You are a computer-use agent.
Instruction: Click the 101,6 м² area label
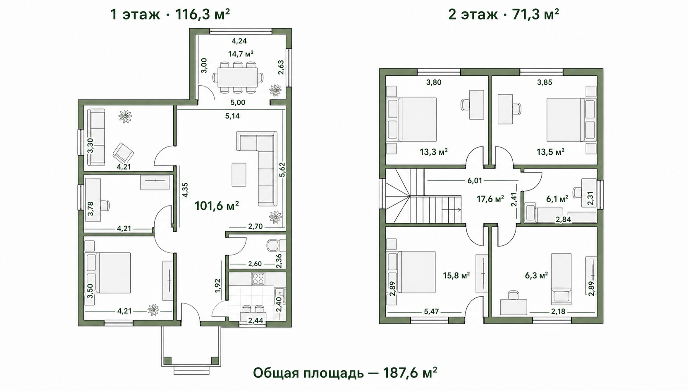pyautogui.click(x=217, y=206)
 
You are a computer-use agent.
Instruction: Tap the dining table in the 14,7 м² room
pyautogui.click(x=237, y=77)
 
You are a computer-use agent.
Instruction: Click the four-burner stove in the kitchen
pyautogui.click(x=258, y=279)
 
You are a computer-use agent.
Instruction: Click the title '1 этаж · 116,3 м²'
pyautogui.click(x=170, y=14)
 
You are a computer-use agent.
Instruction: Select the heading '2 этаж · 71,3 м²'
pyautogui.click(x=504, y=14)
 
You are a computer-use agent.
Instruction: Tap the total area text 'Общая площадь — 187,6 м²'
pyautogui.click(x=345, y=373)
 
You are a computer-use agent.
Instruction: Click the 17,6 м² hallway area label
pyautogui.click(x=490, y=199)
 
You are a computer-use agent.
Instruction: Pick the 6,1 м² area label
pyautogui.click(x=557, y=199)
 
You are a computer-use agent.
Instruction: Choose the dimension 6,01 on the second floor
pyautogui.click(x=475, y=181)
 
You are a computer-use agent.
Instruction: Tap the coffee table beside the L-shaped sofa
pyautogui.click(x=239, y=175)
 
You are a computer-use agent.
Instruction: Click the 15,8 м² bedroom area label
pyautogui.click(x=456, y=275)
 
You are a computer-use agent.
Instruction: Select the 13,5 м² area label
pyautogui.click(x=550, y=151)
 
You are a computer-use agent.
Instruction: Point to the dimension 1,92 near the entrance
pyautogui.click(x=217, y=285)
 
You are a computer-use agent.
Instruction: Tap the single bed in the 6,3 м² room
pyautogui.click(x=561, y=278)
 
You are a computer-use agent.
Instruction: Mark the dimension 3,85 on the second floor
pyautogui.click(x=545, y=82)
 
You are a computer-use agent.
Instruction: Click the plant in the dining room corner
pyautogui.click(x=275, y=90)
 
